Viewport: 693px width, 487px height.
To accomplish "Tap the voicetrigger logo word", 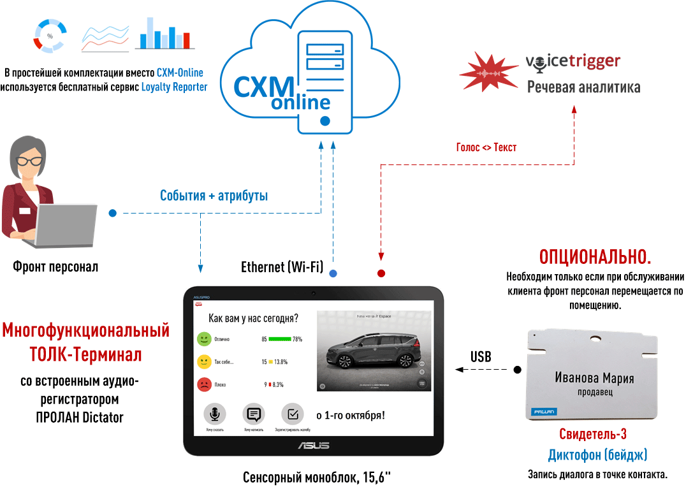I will coord(573,62).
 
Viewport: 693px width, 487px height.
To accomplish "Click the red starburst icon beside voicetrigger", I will coord(489,69).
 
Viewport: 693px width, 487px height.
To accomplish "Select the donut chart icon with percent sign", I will coord(50,36).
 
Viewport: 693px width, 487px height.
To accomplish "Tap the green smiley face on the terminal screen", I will coord(204,338).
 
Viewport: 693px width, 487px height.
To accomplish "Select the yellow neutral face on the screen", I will coord(204,361).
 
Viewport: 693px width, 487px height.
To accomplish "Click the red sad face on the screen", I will coord(204,384).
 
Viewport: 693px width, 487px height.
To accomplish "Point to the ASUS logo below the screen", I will coord(314,445).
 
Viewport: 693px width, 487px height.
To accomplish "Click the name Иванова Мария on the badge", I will coord(594,378).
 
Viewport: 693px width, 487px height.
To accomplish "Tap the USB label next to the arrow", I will coord(481,357).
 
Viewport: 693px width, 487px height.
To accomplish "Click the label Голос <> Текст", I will coord(486,147).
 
